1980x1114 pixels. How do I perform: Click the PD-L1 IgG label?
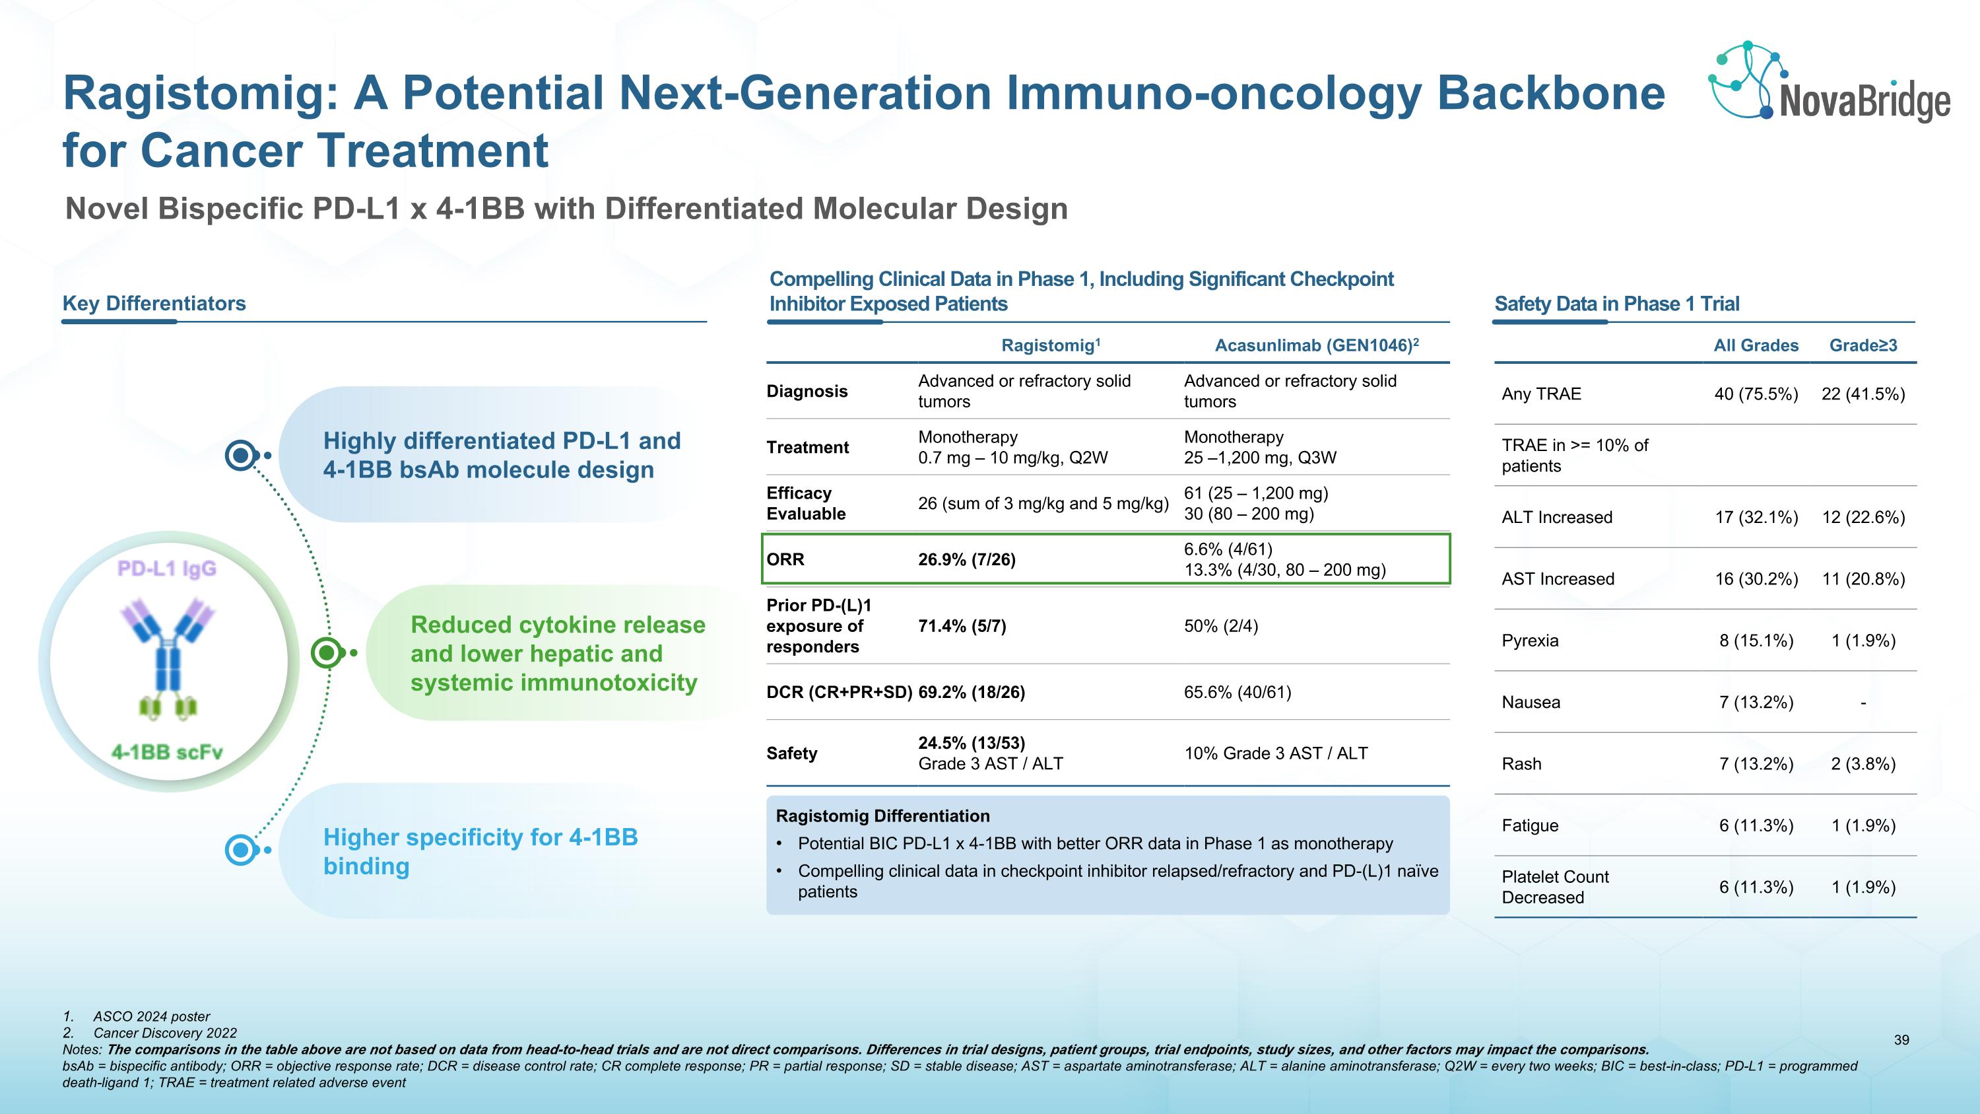[x=167, y=568]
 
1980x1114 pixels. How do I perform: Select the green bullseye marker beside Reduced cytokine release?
[x=327, y=652]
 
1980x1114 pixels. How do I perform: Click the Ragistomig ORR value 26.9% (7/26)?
[x=966, y=560]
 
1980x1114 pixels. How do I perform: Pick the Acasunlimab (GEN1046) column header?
[x=1316, y=345]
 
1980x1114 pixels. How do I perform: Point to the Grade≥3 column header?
[x=1863, y=345]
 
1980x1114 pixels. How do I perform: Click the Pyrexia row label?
[x=1530, y=641]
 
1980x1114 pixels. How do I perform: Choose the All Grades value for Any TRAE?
[x=1756, y=394]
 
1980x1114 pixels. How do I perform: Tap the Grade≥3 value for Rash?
[x=1863, y=763]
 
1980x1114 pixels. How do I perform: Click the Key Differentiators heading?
[x=154, y=303]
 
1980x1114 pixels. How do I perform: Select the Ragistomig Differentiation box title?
[x=882, y=816]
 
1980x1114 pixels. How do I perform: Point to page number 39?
[x=1901, y=1039]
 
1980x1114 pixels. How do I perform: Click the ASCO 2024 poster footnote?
[x=151, y=1016]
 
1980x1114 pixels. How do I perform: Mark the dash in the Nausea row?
[x=1863, y=703]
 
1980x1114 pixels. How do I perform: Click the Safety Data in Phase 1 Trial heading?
[x=1616, y=304]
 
